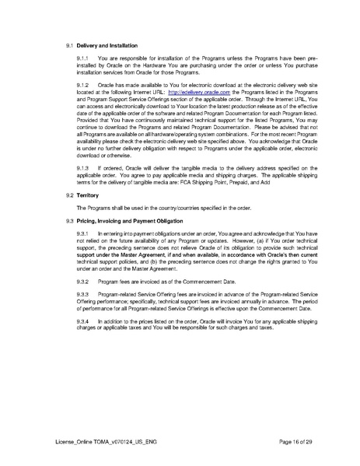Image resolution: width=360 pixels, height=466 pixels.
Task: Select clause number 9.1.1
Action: point(83,60)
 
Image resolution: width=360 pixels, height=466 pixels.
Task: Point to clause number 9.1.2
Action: point(83,86)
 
